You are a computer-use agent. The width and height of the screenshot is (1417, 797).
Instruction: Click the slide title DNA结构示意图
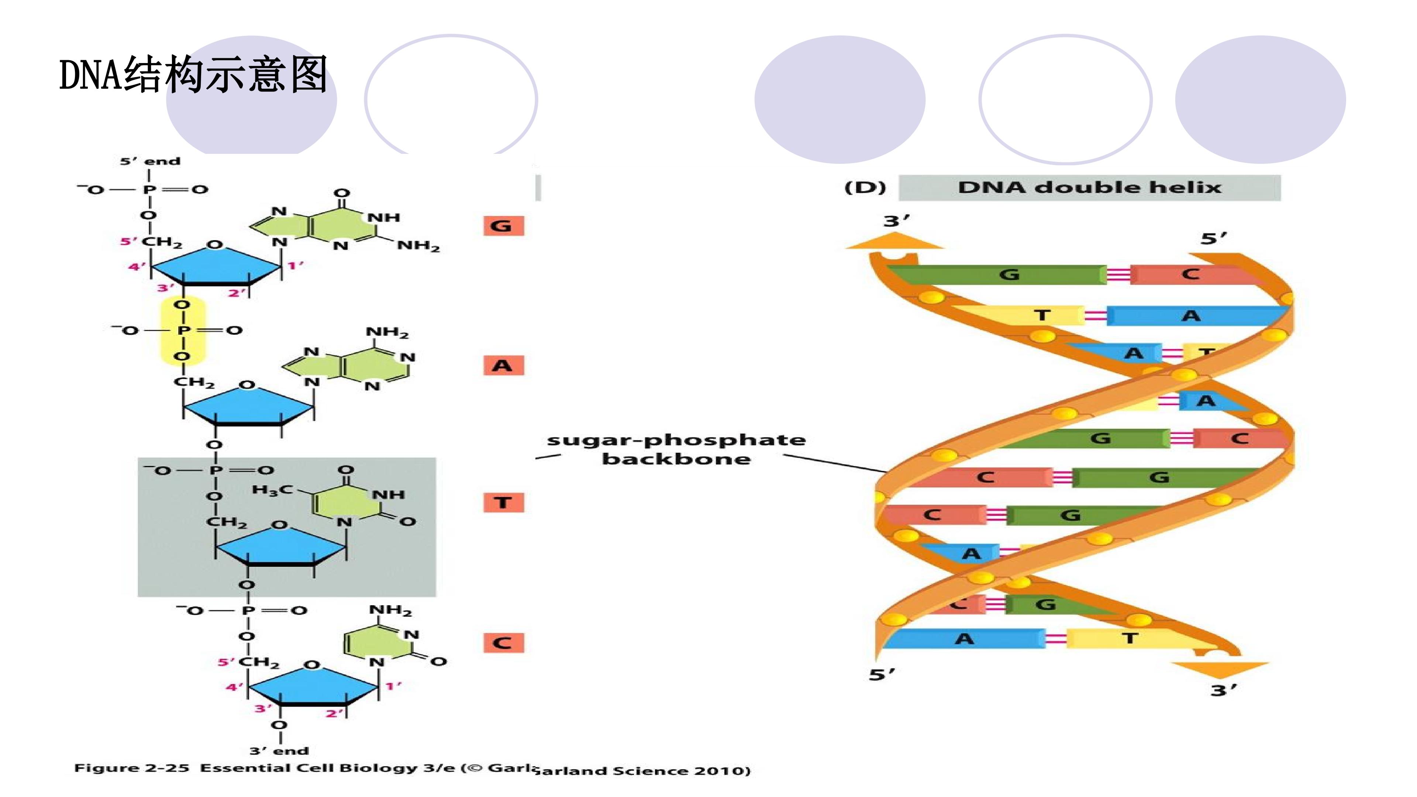194,74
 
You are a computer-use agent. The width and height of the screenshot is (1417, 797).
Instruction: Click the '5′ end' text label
150,161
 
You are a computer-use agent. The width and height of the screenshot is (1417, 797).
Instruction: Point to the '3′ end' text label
279,751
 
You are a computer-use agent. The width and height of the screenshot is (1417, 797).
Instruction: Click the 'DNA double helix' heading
1090,187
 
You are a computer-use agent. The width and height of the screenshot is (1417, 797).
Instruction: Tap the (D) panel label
865,187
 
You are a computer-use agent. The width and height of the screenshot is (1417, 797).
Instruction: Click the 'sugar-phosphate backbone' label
676,449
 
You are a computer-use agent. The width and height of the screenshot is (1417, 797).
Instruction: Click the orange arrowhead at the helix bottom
1220,670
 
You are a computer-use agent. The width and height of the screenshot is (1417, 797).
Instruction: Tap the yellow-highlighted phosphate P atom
183,330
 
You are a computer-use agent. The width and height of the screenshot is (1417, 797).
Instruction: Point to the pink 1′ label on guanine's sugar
295,266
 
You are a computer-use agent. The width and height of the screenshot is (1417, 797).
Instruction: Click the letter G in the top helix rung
1009,274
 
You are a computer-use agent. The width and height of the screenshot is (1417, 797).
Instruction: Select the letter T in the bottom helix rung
1130,639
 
